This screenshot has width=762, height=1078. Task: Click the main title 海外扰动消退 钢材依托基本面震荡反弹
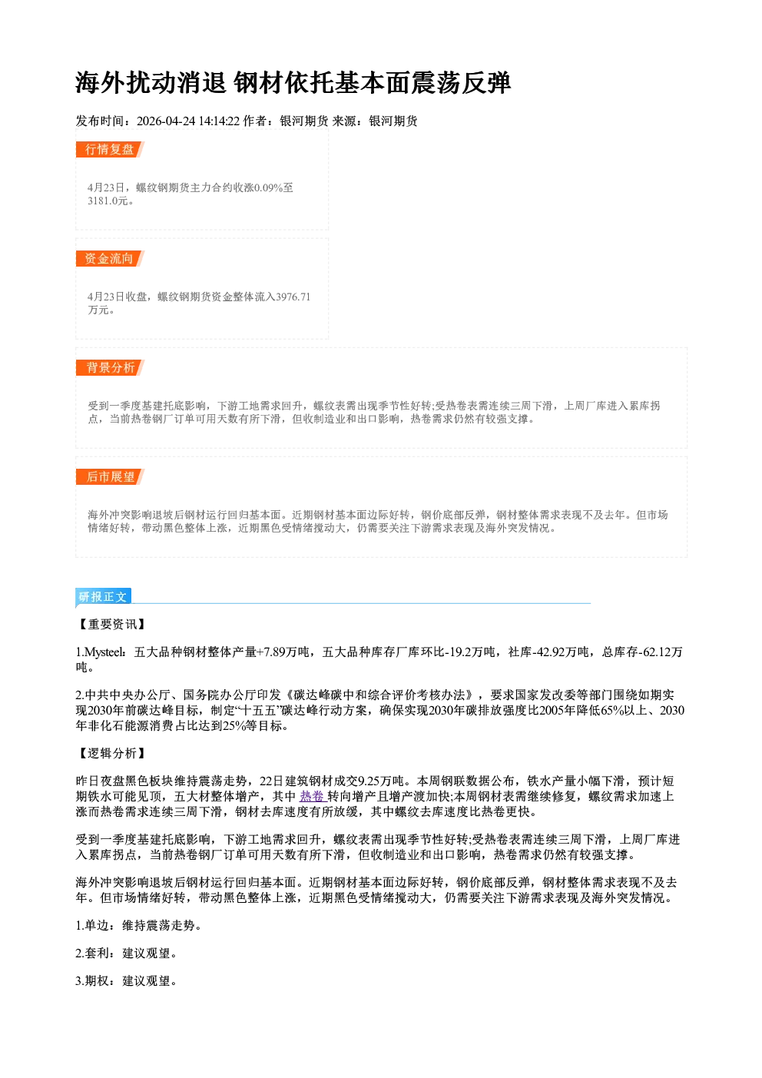(x=293, y=83)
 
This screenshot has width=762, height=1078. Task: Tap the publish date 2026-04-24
(x=166, y=121)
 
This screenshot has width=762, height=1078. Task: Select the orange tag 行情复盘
(x=110, y=149)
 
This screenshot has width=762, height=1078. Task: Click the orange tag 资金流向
(x=110, y=258)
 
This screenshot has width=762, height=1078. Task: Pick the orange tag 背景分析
(x=110, y=368)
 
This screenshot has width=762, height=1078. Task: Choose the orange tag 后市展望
(x=110, y=477)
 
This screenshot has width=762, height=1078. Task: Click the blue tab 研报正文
(x=103, y=597)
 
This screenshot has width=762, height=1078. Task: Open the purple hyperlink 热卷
(x=312, y=797)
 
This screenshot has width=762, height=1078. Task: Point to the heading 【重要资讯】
(x=111, y=625)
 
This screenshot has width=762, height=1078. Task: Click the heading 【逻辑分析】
(x=111, y=753)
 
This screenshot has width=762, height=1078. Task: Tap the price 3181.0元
(x=108, y=201)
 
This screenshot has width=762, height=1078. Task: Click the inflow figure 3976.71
(x=293, y=297)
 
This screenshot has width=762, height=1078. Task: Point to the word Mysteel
(x=105, y=652)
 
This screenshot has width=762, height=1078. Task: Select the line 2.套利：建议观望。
(x=127, y=953)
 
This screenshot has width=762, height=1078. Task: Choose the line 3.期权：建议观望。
(x=127, y=980)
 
